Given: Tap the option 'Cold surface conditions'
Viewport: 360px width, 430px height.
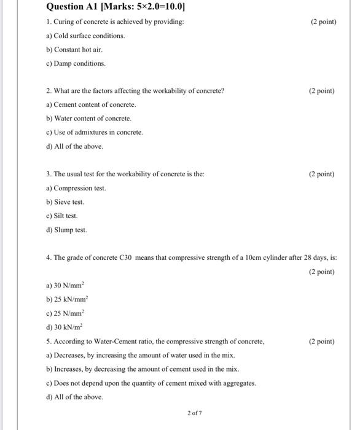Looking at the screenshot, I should pos(85,36).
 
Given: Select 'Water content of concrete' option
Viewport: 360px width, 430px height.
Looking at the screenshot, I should pos(88,119).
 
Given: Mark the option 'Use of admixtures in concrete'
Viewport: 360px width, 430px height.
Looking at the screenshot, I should pos(94,132).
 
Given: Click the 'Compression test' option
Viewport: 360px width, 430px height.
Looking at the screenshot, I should pos(76,188).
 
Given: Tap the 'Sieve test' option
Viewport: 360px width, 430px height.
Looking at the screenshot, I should pos(65,202).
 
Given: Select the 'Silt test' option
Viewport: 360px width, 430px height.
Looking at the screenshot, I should pos(62,216).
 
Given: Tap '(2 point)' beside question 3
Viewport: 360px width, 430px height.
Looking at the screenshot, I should pos(322,174).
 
